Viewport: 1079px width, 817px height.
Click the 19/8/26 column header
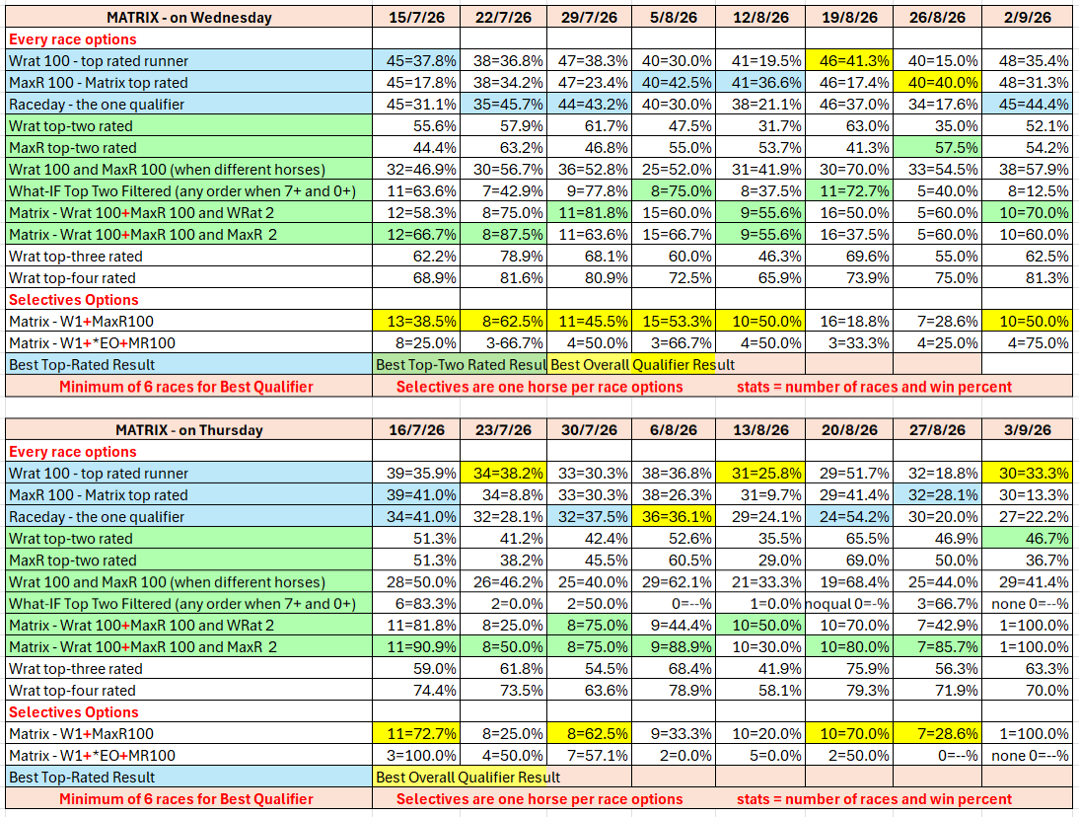pos(849,17)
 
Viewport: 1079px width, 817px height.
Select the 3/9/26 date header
pos(1027,429)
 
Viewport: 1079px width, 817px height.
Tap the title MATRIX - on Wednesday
pos(188,17)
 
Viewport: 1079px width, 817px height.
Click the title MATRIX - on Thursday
pos(188,429)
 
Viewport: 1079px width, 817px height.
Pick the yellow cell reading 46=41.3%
pos(849,60)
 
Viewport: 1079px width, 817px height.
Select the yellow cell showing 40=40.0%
pos(937,83)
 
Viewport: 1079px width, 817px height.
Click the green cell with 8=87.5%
pos(504,234)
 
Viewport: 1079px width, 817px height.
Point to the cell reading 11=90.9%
pos(416,646)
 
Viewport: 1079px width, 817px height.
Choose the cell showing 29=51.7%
pos(849,473)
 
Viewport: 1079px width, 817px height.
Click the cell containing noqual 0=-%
pos(849,603)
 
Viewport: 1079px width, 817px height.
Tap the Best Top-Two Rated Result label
pos(460,364)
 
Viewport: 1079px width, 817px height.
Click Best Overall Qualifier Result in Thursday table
pos(468,778)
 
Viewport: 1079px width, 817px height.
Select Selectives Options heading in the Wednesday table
pos(74,299)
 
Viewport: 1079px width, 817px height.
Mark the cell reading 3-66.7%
pos(504,342)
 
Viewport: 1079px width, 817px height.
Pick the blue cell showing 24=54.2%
pos(849,516)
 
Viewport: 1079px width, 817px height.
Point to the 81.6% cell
pos(504,277)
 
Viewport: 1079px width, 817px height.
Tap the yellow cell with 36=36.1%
pos(673,516)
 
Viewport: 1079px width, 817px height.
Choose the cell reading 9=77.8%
pos(589,190)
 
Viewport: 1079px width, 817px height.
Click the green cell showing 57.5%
pos(937,147)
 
